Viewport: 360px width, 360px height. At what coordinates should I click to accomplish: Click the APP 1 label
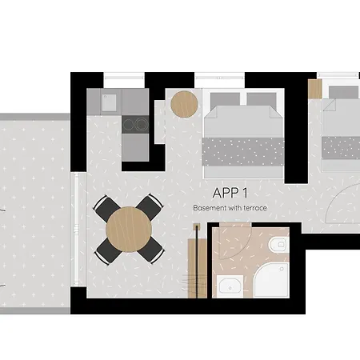[x=230, y=193]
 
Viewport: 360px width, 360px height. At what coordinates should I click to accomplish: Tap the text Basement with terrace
[x=230, y=208]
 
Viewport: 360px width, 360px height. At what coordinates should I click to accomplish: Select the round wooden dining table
[x=129, y=230]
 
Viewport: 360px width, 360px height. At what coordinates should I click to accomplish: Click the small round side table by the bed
[x=184, y=104]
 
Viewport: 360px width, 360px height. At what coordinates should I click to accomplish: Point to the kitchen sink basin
[x=109, y=102]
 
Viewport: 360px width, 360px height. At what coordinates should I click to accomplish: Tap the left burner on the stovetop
[x=128, y=124]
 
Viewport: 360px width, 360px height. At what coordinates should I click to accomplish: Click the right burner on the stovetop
[x=141, y=124]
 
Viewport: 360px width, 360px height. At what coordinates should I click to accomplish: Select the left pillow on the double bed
[x=225, y=99]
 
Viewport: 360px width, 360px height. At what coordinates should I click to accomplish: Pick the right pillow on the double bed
[x=262, y=99]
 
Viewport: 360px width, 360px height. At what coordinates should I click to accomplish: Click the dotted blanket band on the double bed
[x=243, y=152]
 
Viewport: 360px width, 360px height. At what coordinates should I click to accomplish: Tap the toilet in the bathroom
[x=278, y=244]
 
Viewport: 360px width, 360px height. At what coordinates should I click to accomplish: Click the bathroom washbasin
[x=230, y=287]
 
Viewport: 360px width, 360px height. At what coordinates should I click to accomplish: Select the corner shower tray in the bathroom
[x=271, y=280]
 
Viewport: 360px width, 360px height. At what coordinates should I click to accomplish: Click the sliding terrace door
[x=77, y=230]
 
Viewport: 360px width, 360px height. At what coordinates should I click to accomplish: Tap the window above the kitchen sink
[x=124, y=78]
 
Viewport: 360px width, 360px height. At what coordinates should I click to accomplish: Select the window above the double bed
[x=219, y=78]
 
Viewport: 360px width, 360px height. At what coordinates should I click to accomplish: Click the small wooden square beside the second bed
[x=315, y=89]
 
